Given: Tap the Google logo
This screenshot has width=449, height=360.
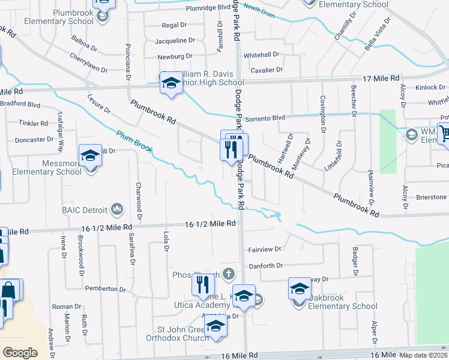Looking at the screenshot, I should coord(20,353).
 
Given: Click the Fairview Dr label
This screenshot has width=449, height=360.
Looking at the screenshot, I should coord(265,249).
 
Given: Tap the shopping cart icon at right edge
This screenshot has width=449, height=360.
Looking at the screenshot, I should coord(444,133).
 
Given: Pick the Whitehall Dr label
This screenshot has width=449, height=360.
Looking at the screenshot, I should coord(262,54).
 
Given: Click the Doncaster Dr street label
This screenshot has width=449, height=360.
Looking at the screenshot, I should coord(34,139).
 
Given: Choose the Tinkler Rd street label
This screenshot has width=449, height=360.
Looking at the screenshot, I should coord(33,124).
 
